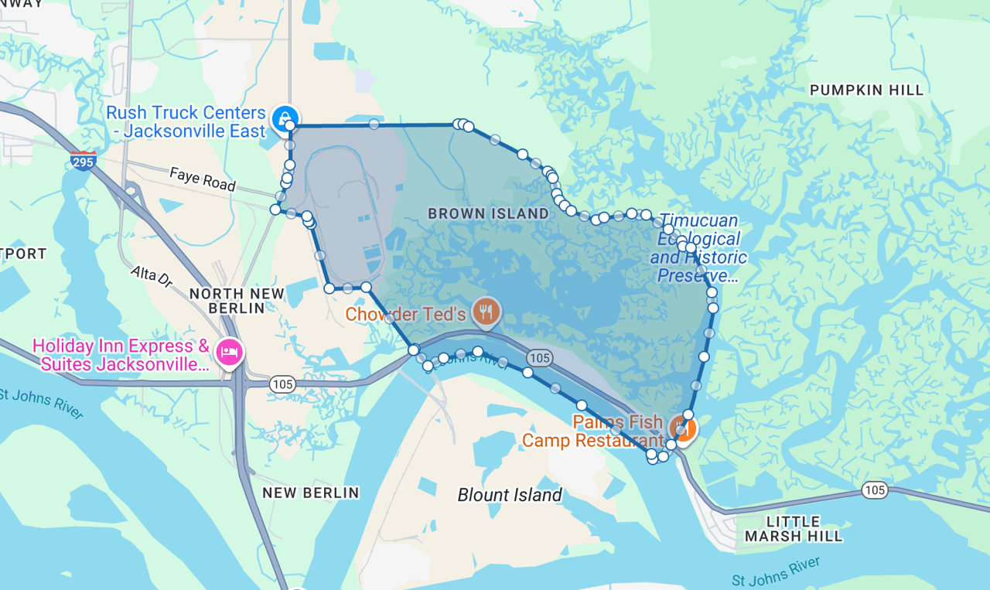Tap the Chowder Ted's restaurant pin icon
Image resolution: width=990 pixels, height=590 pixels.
pyautogui.click(x=486, y=312)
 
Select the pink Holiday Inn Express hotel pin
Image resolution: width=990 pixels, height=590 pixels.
pyautogui.click(x=230, y=352)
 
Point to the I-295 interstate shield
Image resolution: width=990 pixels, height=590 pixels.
pyautogui.click(x=83, y=161)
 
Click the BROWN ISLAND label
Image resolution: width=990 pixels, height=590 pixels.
pyautogui.click(x=488, y=213)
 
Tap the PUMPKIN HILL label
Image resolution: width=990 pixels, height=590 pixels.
pyautogui.click(x=866, y=90)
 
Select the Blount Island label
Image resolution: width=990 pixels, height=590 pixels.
pyautogui.click(x=510, y=495)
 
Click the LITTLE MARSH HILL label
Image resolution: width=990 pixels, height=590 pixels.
pyautogui.click(x=794, y=528)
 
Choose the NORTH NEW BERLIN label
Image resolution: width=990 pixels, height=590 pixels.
pyautogui.click(x=237, y=301)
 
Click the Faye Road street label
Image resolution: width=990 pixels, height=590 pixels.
pyautogui.click(x=203, y=179)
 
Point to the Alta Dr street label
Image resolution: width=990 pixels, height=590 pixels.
pyautogui.click(x=152, y=277)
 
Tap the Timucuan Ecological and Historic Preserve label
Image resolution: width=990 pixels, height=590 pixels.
pyautogui.click(x=698, y=248)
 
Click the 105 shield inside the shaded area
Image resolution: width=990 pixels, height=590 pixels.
pyautogui.click(x=539, y=357)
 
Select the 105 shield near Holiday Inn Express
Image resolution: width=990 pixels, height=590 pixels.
pyautogui.click(x=282, y=384)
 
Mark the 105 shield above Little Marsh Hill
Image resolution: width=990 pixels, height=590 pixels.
pyautogui.click(x=875, y=490)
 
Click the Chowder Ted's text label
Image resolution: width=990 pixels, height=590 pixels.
pyautogui.click(x=405, y=314)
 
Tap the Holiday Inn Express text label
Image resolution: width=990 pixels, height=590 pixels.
pyautogui.click(x=121, y=355)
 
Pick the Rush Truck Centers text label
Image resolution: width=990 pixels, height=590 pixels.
pyautogui.click(x=186, y=122)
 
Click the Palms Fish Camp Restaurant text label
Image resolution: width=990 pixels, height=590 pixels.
pyautogui.click(x=592, y=431)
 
